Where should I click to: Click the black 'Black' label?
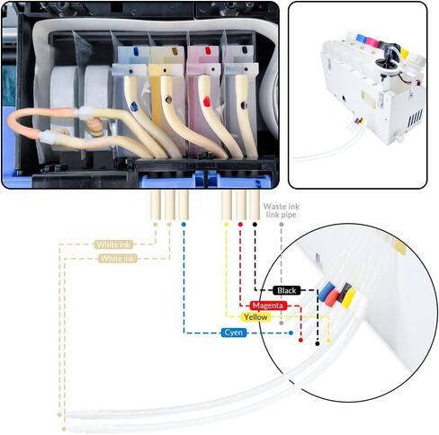(286, 290)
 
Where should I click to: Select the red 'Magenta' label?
(268, 306)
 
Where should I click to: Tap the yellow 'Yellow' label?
(255, 317)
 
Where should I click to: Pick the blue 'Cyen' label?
(234, 333)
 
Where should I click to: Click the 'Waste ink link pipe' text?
(282, 210)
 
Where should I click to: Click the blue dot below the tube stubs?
(184, 225)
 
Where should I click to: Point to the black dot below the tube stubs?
(255, 225)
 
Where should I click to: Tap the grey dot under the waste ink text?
(281, 225)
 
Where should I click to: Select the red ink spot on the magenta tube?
(207, 102)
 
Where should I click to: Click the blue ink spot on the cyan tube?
(134, 106)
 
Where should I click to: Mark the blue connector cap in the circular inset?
(326, 290)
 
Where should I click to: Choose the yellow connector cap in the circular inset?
(349, 297)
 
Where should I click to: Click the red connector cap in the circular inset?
(333, 298)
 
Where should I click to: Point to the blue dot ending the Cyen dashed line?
(291, 333)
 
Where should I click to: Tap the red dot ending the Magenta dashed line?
(300, 341)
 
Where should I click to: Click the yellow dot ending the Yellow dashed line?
(328, 341)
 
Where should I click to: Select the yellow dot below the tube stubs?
(227, 225)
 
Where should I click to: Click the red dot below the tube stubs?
(240, 225)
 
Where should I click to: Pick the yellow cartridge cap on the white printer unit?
(404, 53)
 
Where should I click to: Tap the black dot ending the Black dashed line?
(318, 343)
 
